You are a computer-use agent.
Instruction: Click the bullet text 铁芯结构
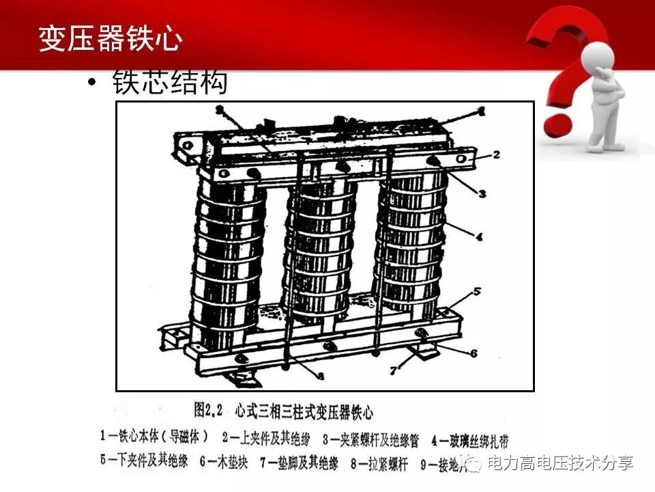click(169, 83)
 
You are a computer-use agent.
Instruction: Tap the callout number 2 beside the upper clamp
click(497, 154)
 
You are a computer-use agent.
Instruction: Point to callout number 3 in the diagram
click(482, 193)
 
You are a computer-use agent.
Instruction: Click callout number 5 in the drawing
click(478, 291)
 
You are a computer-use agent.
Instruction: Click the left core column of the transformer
click(227, 260)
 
